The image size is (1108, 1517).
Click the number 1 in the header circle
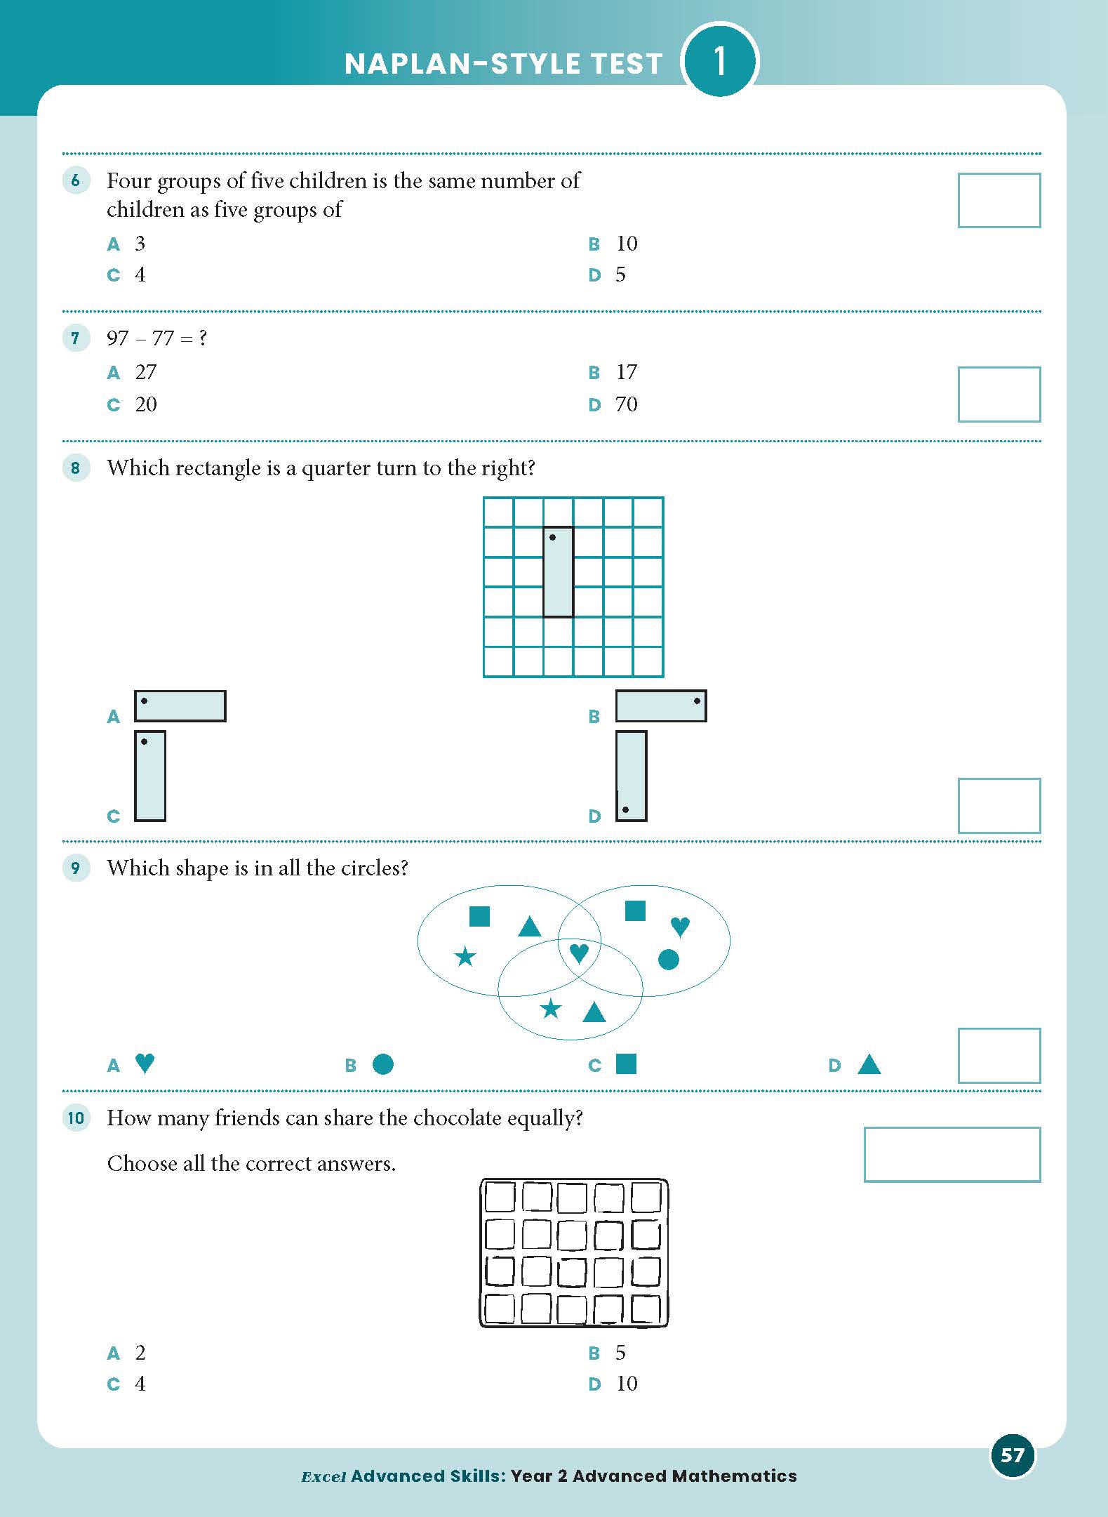pos(719,61)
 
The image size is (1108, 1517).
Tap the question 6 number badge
pos(76,181)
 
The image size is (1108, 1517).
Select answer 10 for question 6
pos(626,244)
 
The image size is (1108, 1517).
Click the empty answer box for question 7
pos(999,395)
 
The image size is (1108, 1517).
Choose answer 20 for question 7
pos(145,404)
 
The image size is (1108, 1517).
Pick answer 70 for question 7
pos(626,404)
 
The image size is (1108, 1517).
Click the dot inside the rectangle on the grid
pos(553,538)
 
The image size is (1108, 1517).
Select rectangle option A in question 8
pos(180,706)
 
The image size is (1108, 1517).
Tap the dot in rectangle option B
pos(697,701)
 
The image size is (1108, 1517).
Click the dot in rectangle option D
pos(625,810)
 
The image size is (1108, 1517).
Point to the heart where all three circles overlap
pos(578,953)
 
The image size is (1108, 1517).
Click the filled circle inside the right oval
pos(669,959)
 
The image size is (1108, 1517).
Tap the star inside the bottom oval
pos(551,1009)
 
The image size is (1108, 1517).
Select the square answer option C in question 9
pos(626,1064)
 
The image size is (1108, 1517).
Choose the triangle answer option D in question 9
pos(869,1065)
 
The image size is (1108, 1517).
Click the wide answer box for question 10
pos(952,1155)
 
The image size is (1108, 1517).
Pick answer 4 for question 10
pos(140,1384)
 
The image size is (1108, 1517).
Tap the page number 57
pos(1012,1455)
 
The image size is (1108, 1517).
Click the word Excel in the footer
pos(323,1476)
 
